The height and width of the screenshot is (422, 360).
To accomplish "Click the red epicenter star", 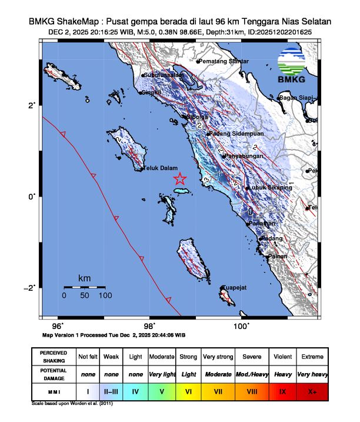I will click(180, 178).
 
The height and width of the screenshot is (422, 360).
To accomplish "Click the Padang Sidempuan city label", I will click(232, 134).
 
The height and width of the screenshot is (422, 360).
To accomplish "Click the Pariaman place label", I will click(261, 224).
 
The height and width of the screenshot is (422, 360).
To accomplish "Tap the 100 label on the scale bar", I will click(105, 296).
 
